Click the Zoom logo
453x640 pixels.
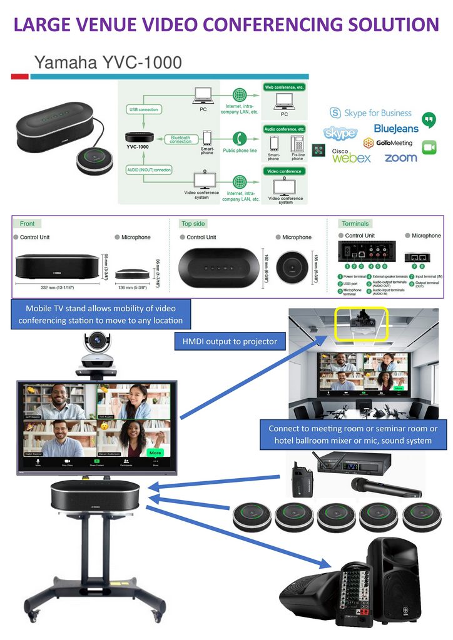400,158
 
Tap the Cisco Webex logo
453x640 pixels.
352,156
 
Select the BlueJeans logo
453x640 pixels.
395,129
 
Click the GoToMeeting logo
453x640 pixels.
395,143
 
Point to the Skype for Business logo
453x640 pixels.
371,113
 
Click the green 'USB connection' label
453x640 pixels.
143,109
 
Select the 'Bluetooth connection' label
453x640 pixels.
181,139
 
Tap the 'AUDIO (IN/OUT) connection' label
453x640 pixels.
150,170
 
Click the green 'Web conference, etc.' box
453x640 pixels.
284,87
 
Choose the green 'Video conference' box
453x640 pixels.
285,171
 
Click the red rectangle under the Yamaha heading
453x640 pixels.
19,76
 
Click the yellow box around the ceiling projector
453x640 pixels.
361,323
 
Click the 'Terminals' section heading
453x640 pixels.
355,223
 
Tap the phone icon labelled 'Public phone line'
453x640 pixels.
238,138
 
